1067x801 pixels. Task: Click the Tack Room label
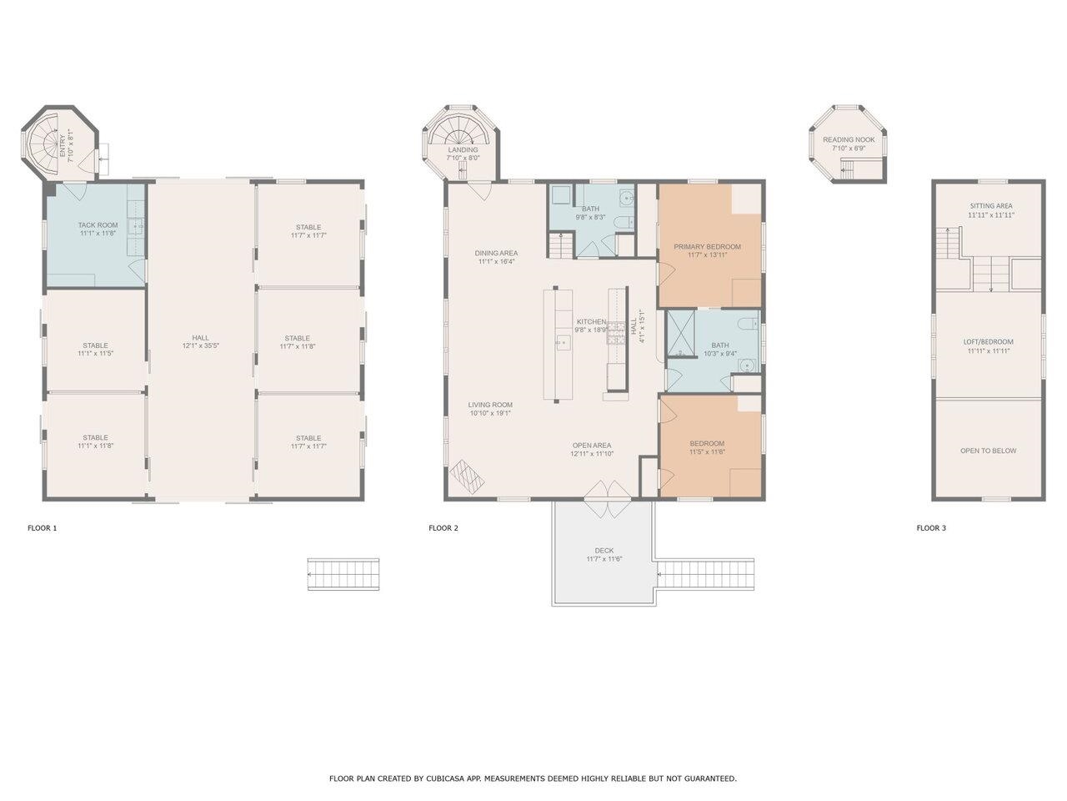click(x=98, y=225)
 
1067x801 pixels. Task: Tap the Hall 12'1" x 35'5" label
click(x=200, y=338)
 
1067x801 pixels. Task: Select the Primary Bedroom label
click(x=707, y=247)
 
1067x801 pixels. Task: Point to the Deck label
click(x=604, y=551)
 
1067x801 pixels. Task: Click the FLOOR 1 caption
click(x=43, y=528)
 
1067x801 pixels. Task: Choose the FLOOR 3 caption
click(x=931, y=528)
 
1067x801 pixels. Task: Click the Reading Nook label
click(x=849, y=139)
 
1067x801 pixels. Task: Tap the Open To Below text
click(x=988, y=451)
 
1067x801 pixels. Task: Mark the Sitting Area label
click(x=990, y=206)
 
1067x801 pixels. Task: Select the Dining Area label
click(x=496, y=253)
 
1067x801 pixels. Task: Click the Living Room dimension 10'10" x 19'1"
click(x=489, y=413)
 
